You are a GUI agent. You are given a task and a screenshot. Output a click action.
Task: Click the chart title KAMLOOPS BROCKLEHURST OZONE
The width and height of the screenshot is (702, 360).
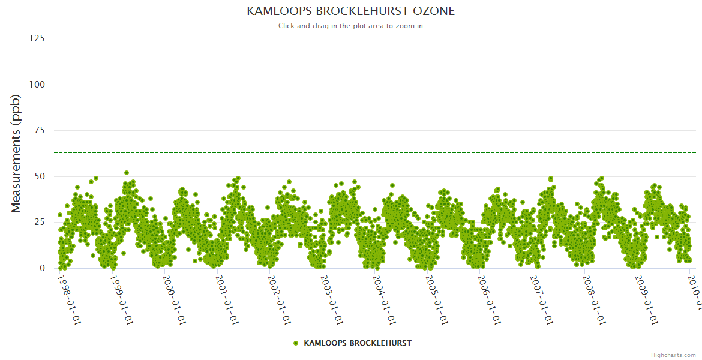tap(351, 11)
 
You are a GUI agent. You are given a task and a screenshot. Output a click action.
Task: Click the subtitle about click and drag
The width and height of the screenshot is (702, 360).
tap(351, 26)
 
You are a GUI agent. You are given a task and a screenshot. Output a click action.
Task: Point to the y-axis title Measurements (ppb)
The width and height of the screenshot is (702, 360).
tap(16, 153)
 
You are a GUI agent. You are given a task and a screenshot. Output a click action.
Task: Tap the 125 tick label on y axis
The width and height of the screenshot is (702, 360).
tap(37, 38)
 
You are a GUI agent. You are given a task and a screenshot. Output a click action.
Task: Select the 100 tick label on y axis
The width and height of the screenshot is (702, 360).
tap(37, 85)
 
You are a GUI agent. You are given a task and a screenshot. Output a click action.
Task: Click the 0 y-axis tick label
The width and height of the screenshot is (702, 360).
tap(42, 268)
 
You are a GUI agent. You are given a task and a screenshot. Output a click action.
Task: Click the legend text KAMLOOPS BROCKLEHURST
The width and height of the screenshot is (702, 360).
tap(358, 343)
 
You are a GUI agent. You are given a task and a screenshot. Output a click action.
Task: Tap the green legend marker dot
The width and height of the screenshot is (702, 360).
tap(296, 343)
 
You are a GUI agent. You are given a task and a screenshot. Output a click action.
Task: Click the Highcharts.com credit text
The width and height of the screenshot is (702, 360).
tap(673, 355)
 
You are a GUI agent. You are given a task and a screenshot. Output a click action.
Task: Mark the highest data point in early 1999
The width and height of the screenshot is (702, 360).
tap(127, 173)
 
